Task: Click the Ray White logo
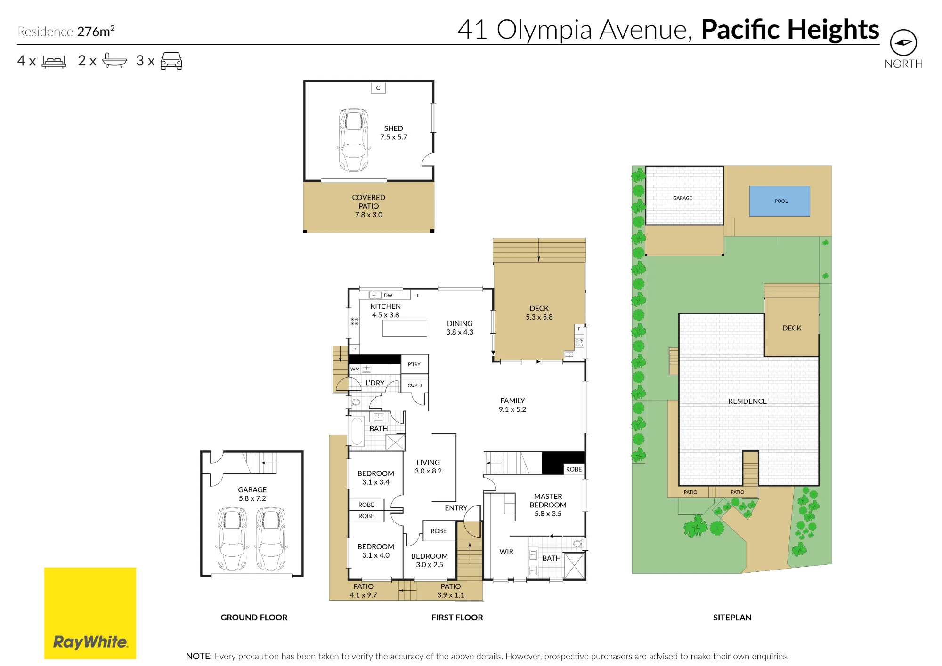[x=90, y=613]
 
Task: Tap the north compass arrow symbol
[x=903, y=43]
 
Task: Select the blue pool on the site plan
[x=780, y=201]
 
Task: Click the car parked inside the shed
[x=353, y=140]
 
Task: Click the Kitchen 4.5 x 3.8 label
[x=385, y=311]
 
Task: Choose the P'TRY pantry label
[x=414, y=364]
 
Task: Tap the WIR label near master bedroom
[x=506, y=551]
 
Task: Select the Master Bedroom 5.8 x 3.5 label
[x=548, y=505]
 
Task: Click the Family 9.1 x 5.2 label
[x=512, y=405]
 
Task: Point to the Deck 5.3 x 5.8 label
[x=539, y=313]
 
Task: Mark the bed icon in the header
[x=54, y=62]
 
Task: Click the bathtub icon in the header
[x=114, y=61]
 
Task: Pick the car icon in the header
[x=171, y=61]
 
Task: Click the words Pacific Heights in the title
[x=790, y=29]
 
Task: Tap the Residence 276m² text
[x=66, y=32]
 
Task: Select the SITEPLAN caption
[x=732, y=618]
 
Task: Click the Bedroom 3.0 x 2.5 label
[x=430, y=560]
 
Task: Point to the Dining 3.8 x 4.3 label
[x=460, y=328]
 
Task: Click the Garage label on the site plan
[x=682, y=198]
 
